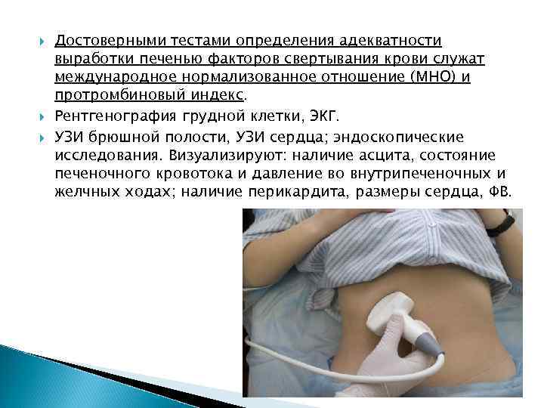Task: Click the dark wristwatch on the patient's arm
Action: (x=501, y=224)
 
